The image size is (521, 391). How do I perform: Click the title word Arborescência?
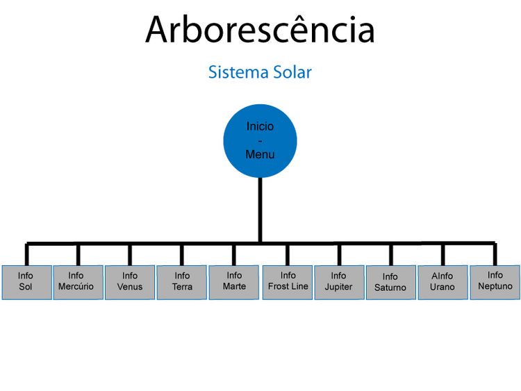point(260,30)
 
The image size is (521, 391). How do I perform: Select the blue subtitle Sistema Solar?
point(260,72)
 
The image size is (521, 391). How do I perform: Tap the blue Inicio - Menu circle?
point(260,140)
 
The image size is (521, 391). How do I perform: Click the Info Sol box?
point(26,282)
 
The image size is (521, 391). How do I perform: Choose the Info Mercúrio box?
point(78,282)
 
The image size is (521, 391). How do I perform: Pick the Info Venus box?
point(130,282)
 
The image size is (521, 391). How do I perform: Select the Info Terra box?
point(181,282)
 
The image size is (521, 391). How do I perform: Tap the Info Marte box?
point(233,282)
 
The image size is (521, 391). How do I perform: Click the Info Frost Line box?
point(288,282)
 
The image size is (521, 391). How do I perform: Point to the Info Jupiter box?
point(339,282)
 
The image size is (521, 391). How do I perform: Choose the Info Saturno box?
point(390,282)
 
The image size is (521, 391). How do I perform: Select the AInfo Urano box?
point(443,282)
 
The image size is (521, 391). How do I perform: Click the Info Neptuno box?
point(495,282)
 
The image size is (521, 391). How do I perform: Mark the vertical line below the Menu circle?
point(260,208)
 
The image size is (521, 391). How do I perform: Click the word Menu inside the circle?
point(260,155)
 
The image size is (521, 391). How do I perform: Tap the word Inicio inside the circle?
point(260,126)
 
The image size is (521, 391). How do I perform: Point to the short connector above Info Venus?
point(130,254)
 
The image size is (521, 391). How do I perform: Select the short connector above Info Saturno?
point(391,254)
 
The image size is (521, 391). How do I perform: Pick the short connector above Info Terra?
point(182,254)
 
